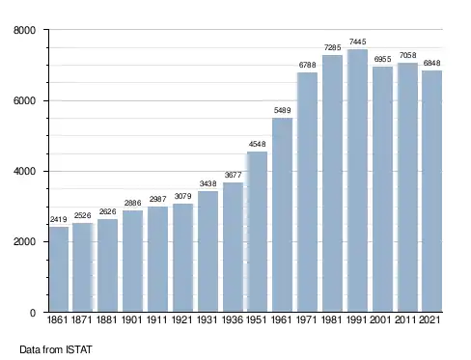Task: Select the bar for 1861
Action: click(59, 269)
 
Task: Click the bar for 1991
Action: click(357, 180)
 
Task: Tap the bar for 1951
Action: click(257, 232)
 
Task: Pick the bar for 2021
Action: click(432, 191)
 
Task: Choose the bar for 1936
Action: click(233, 247)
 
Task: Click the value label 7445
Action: click(357, 42)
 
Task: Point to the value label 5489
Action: click(282, 110)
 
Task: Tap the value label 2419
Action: click(59, 219)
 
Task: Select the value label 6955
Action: click(382, 59)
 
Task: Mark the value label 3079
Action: click(182, 196)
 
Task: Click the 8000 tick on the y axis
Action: click(24, 30)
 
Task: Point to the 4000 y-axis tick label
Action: click(24, 171)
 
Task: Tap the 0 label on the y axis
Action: click(33, 313)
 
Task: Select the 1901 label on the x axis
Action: click(132, 319)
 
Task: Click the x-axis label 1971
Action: click(307, 319)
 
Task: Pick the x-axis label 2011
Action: click(407, 319)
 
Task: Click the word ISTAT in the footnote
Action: click(79, 349)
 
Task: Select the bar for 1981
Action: click(332, 183)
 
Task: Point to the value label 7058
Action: click(407, 55)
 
